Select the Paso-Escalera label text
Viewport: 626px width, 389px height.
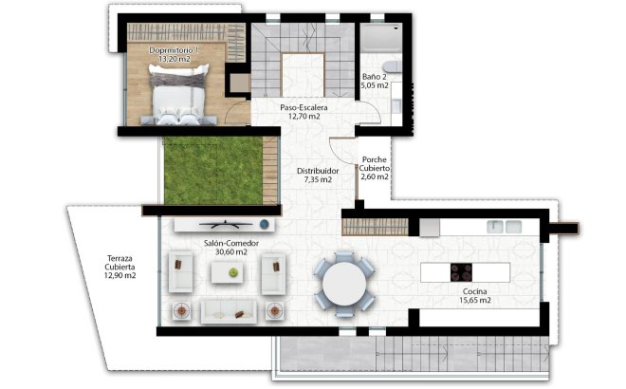[304, 108]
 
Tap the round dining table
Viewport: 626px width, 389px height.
[342, 281]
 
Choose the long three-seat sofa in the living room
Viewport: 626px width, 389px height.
[227, 311]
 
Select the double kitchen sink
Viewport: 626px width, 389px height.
[505, 227]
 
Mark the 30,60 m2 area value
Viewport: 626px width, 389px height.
[225, 252]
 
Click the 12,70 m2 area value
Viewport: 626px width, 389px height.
[304, 118]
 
